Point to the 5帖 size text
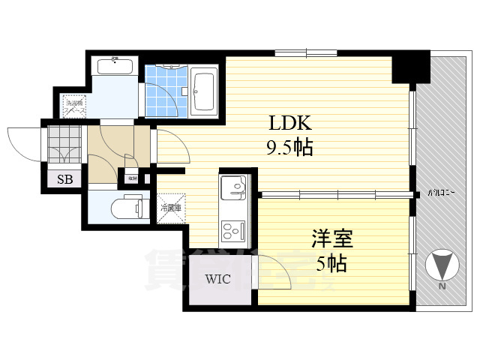331,263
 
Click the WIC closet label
218,280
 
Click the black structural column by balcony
410,66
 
